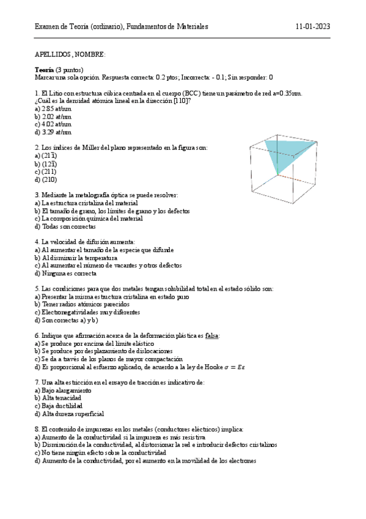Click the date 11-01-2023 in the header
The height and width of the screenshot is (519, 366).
pos(313,27)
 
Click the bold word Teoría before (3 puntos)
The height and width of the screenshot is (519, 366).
pos(44,70)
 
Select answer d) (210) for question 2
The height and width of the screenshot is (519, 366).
pos(46,179)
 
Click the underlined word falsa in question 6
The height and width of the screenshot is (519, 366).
pos(211,336)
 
